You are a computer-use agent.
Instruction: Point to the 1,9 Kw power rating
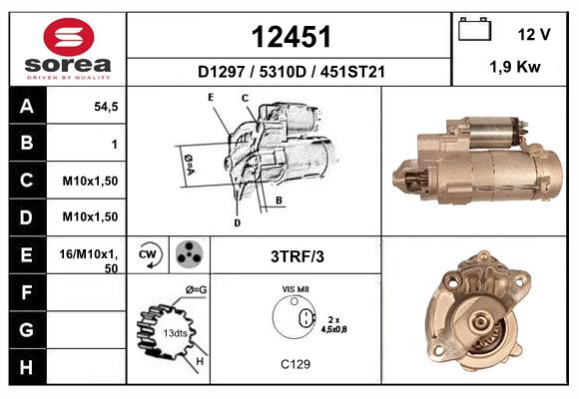coord(515,68)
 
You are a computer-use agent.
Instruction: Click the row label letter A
coord(27,107)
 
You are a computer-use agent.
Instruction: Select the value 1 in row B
coord(115,145)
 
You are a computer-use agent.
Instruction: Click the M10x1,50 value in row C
coord(91,182)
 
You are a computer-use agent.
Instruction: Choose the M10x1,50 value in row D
coord(91,216)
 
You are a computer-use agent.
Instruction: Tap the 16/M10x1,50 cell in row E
coord(91,260)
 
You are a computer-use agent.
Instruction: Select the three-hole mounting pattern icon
coord(187,254)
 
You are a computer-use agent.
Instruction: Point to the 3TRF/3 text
coord(297,256)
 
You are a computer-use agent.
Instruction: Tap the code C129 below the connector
coord(296,364)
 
